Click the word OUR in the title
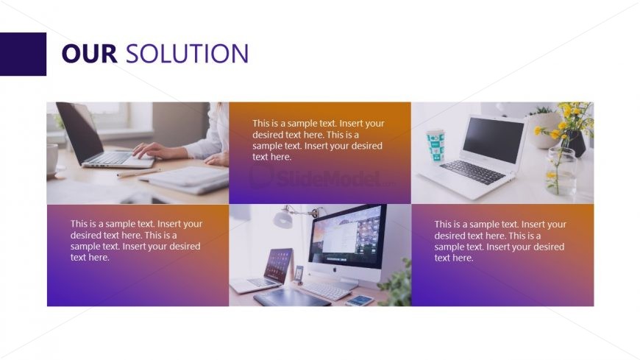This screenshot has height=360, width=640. coord(90,54)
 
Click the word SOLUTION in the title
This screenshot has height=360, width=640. coord(187,54)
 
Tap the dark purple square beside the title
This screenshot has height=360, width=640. coord(23,54)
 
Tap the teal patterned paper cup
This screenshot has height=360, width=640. coord(435,146)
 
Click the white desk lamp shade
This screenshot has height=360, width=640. coord(282,219)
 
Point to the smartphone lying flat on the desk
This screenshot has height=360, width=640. coord(360,300)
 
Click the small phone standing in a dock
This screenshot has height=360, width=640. coord(299,274)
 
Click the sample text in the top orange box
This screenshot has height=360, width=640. coord(318,140)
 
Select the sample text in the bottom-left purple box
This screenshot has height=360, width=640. coord(136,240)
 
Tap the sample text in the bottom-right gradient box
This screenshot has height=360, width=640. coord(500,241)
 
